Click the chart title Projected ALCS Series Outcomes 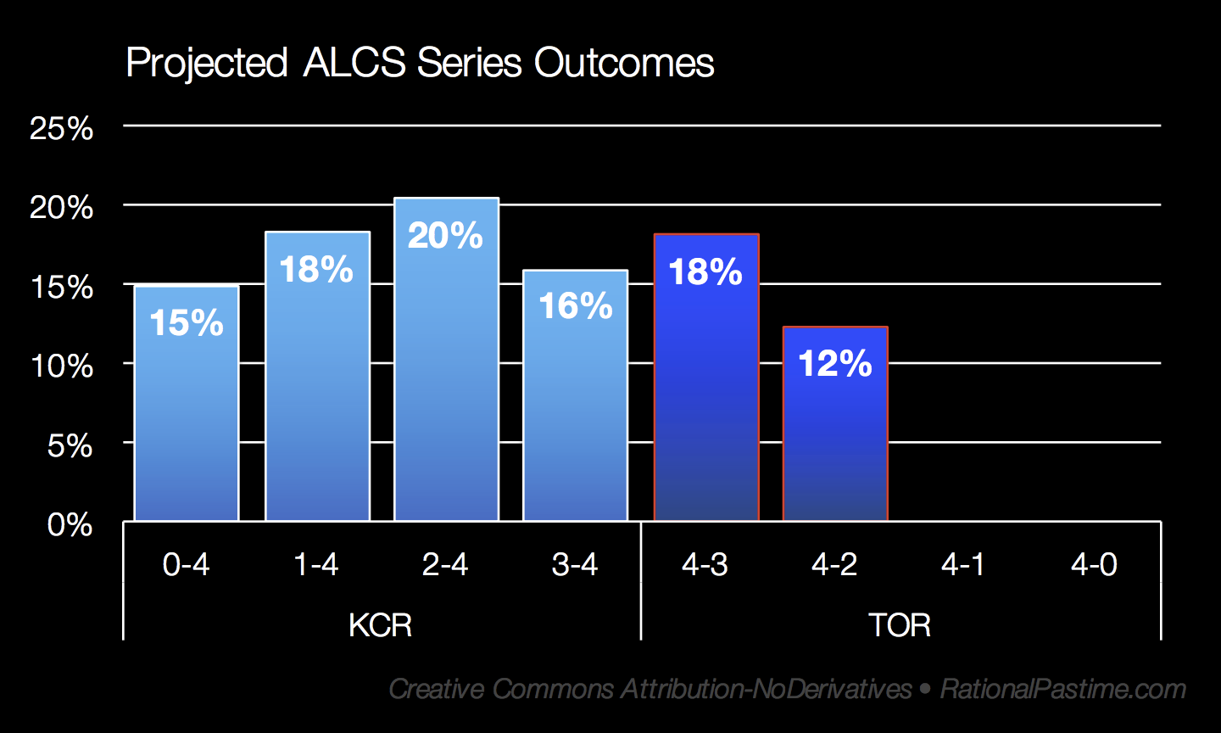(420, 64)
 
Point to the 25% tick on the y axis (61, 129)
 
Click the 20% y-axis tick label (61, 208)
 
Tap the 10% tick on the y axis (61, 366)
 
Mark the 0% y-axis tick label (70, 525)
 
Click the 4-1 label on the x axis (963, 564)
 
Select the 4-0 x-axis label (1094, 564)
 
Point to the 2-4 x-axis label (445, 564)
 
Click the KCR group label (380, 626)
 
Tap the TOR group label (900, 626)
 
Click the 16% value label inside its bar (576, 306)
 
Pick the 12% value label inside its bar (835, 364)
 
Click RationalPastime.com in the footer (1063, 689)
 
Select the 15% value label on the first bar (187, 323)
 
